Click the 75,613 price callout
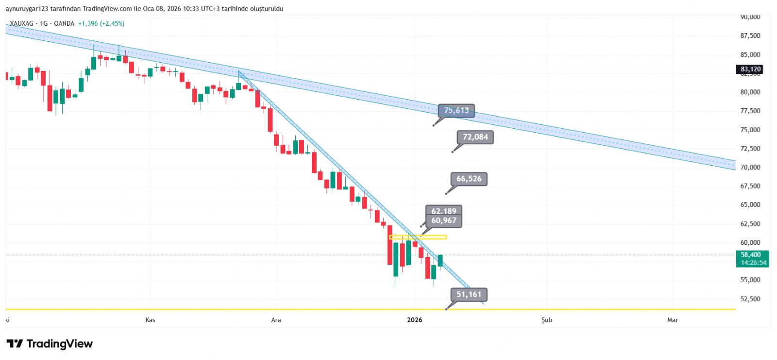456,111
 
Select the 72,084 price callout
475,137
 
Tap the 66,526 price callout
469,179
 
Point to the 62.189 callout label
444,211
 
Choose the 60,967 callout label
444,221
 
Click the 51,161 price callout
469,294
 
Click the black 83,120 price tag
750,69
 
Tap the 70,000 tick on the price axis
750,167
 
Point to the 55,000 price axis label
750,280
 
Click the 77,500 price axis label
750,111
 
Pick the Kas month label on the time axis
150,320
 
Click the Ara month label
276,320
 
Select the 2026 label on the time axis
414,320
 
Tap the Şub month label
546,320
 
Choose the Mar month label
672,320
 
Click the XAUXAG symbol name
21,23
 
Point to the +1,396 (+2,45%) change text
101,23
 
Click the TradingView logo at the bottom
50,344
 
